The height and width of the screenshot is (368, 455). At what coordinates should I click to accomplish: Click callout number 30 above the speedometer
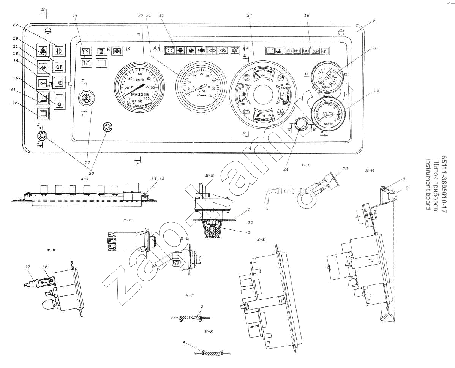point(140,15)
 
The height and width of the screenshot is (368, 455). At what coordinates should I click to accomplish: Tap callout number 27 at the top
point(249,15)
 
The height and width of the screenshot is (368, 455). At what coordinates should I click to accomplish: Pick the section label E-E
point(261,240)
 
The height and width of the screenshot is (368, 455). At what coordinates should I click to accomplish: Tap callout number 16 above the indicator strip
point(306,15)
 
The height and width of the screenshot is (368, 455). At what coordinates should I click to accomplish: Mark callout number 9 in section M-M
point(393,178)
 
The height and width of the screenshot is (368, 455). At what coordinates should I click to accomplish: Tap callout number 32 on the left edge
point(25,107)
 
